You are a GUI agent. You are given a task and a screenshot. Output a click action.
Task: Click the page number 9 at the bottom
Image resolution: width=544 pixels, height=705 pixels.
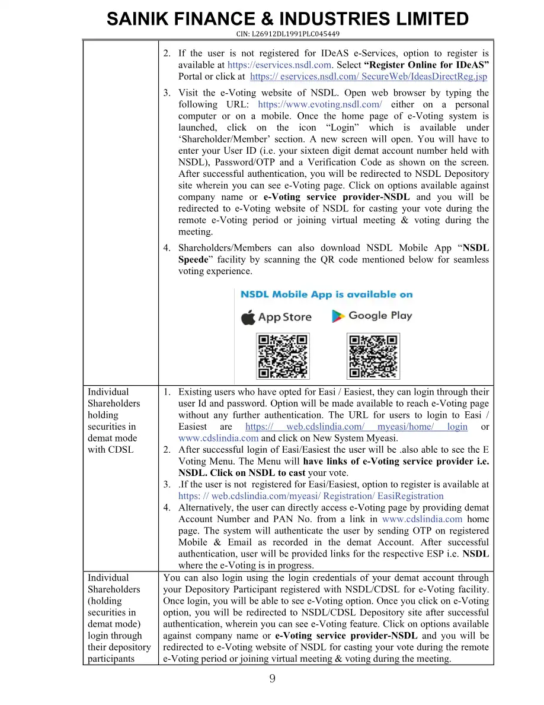tap(272, 679)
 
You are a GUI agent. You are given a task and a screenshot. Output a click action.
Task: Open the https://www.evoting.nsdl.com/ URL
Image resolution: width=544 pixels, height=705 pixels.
tap(320, 104)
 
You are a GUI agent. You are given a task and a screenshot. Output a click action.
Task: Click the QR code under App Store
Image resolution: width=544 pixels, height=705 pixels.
tap(283, 356)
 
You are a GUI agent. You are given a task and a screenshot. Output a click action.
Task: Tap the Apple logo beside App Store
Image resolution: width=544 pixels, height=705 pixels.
tap(248, 316)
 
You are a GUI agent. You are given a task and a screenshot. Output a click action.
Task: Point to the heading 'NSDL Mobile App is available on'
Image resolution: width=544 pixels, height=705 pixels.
tap(327, 294)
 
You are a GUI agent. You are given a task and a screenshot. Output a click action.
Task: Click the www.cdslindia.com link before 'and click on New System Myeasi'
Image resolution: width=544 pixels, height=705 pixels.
tap(218, 439)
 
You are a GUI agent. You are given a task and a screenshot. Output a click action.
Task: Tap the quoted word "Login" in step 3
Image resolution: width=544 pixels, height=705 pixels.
tap(340, 128)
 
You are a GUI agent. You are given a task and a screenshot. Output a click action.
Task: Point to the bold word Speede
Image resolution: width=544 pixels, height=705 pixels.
tap(193, 260)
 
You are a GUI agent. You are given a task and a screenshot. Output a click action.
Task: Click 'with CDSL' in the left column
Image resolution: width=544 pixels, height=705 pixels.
tap(110, 450)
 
